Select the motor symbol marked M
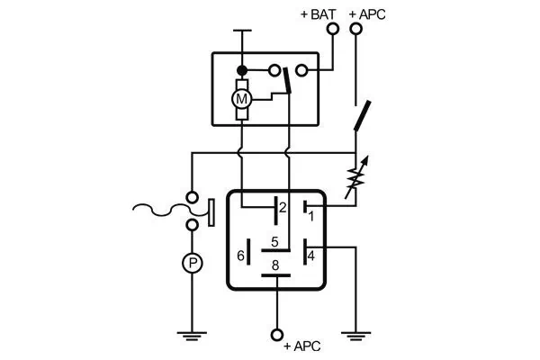pyautogui.click(x=241, y=96)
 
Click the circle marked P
pyautogui.click(x=192, y=263)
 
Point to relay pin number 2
pyautogui.click(x=282, y=208)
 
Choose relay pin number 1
pyautogui.click(x=310, y=216)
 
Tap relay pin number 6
pyautogui.click(x=239, y=256)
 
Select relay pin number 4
pyautogui.click(x=310, y=256)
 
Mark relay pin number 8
pyautogui.click(x=276, y=265)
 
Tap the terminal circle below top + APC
pyautogui.click(x=356, y=29)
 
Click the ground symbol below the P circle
pyautogui.click(x=192, y=336)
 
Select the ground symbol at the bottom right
pyautogui.click(x=356, y=336)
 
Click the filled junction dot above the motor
pyautogui.click(x=241, y=69)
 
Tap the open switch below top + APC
pyautogui.click(x=362, y=115)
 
